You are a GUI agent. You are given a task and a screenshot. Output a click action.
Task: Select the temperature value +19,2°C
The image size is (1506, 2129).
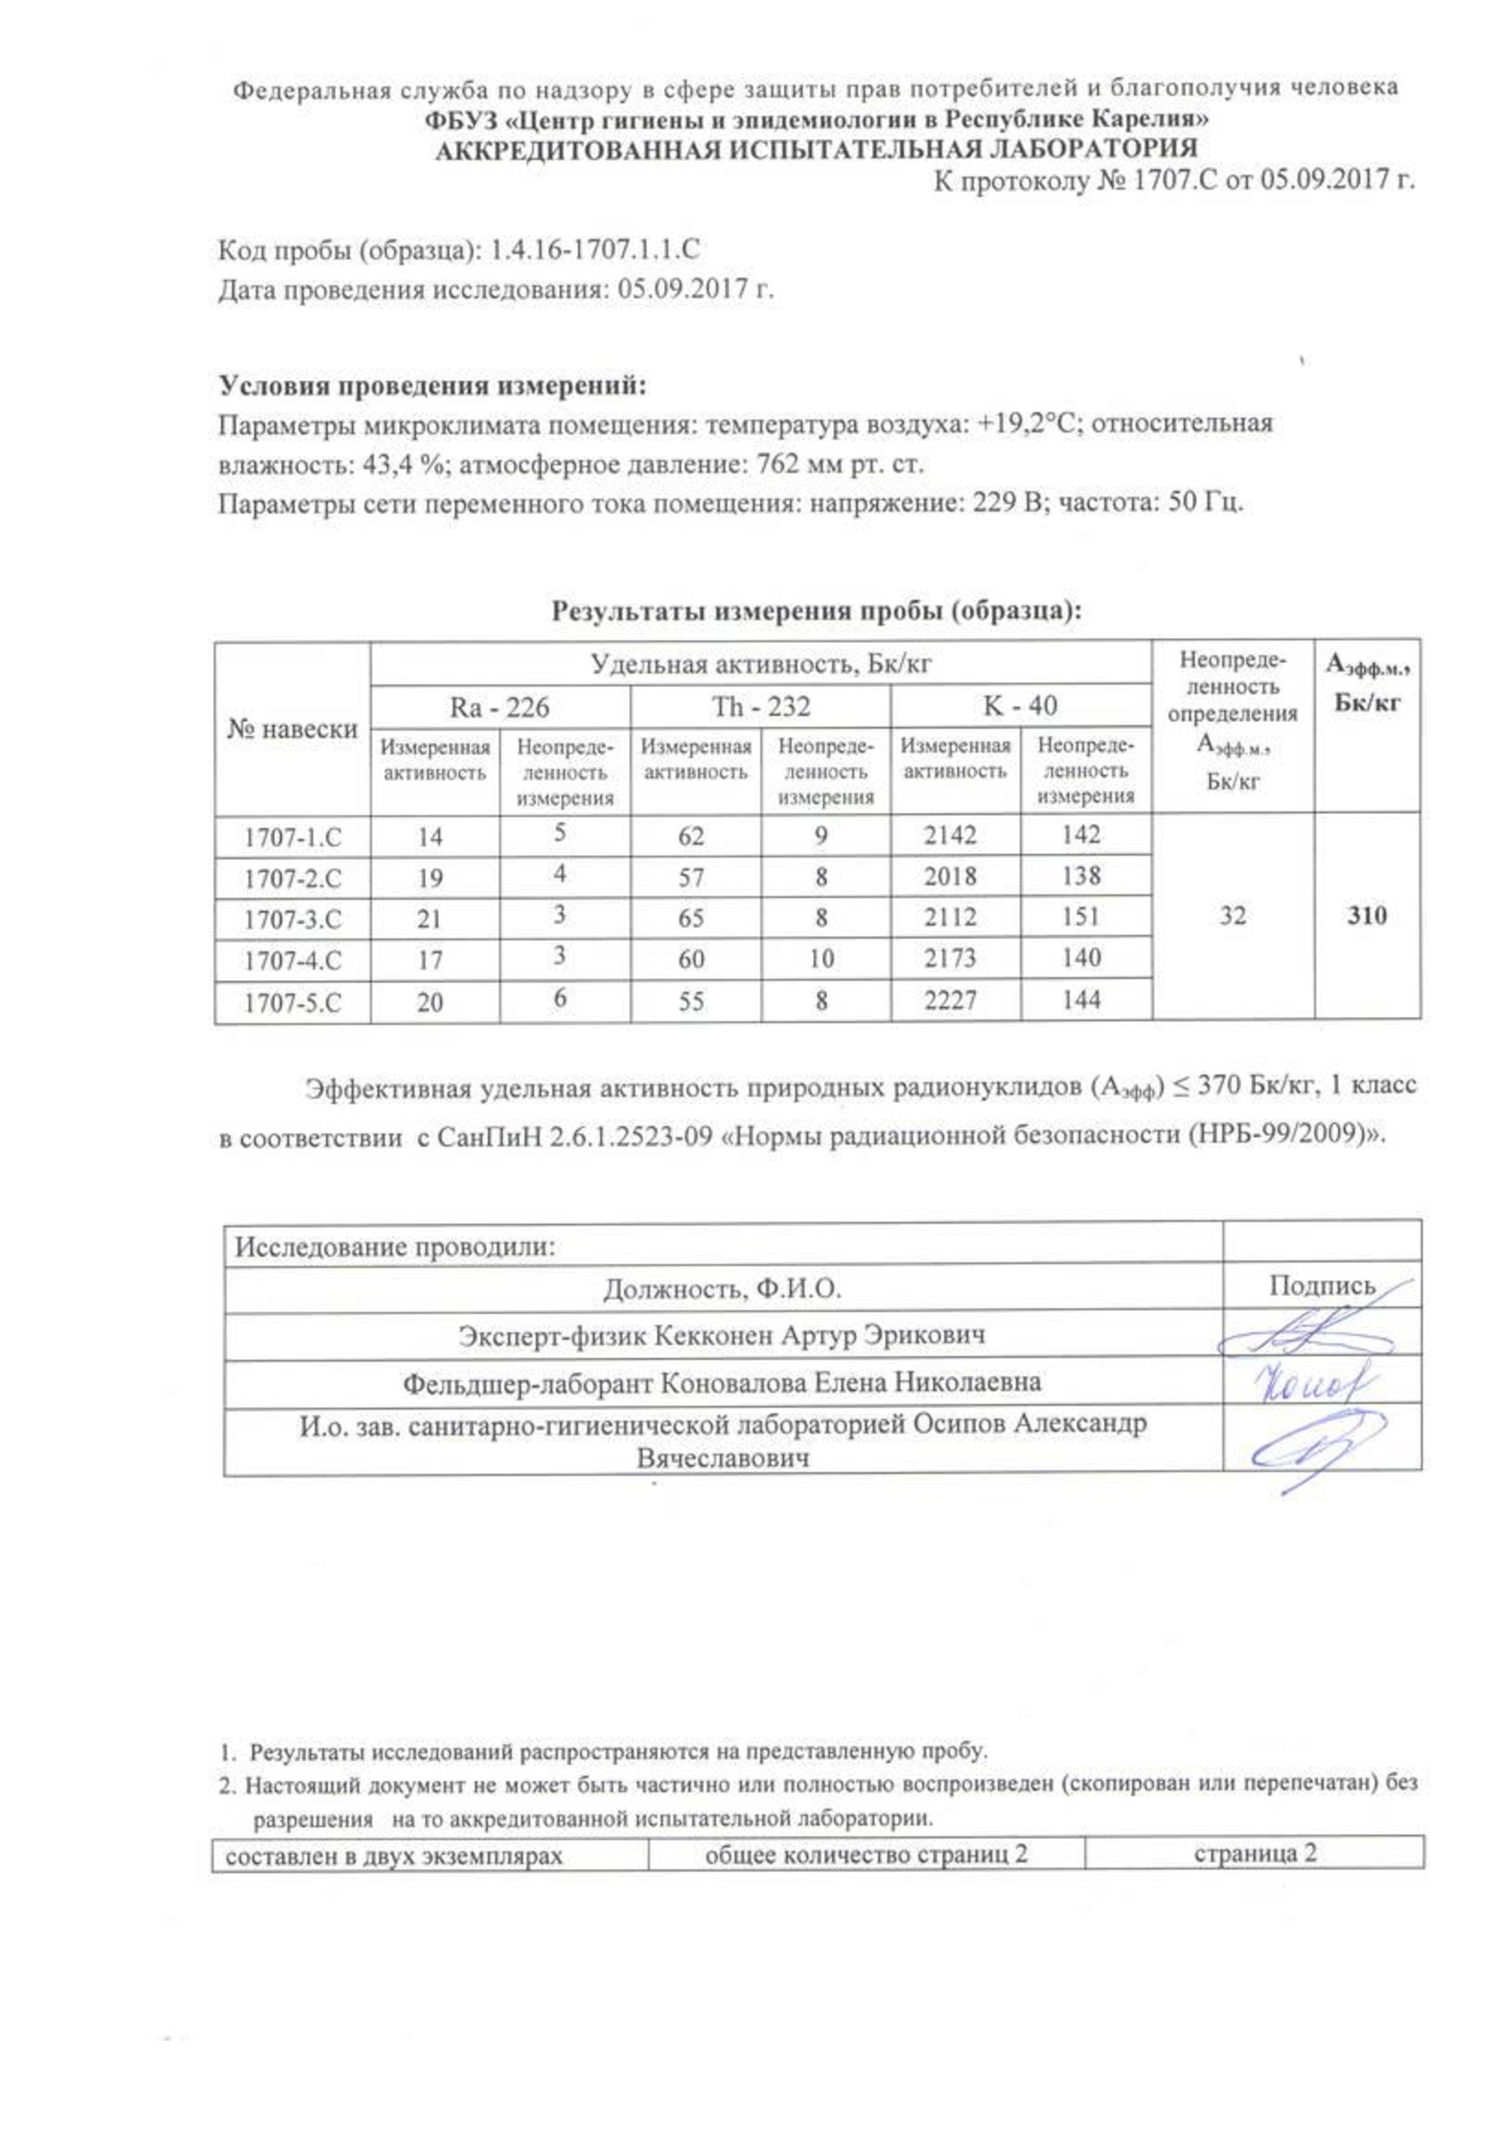click(x=1023, y=425)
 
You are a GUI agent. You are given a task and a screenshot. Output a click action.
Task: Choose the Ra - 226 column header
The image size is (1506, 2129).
click(x=499, y=707)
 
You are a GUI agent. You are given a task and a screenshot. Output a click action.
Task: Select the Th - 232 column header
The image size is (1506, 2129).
click(x=760, y=706)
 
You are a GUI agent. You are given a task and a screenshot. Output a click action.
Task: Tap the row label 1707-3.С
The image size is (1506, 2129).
click(x=292, y=919)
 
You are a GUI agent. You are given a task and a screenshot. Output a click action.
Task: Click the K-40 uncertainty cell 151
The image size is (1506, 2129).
click(x=1082, y=917)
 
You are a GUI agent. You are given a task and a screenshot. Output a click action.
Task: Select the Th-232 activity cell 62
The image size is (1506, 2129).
click(x=691, y=836)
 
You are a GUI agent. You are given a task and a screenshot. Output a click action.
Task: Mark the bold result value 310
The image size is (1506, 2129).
click(x=1366, y=917)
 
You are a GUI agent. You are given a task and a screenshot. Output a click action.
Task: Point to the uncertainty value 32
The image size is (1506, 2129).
click(x=1232, y=917)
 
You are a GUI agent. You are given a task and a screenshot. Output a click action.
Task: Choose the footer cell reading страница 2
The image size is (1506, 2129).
click(x=1254, y=1853)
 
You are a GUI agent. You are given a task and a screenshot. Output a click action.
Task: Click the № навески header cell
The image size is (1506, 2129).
click(x=292, y=729)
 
